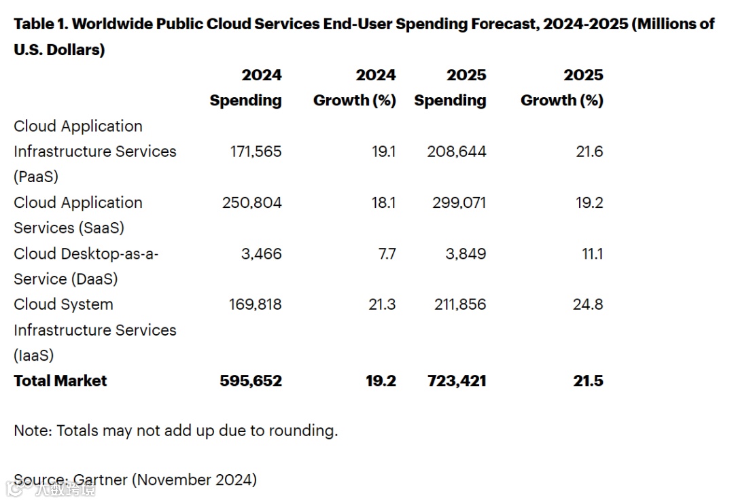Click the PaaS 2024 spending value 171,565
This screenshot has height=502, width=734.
(x=256, y=151)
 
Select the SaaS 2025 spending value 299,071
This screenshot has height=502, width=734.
(x=457, y=202)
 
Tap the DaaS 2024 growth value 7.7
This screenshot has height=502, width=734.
(x=383, y=253)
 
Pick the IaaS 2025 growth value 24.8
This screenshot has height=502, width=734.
(x=588, y=304)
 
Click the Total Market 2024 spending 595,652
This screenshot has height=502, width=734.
(x=251, y=380)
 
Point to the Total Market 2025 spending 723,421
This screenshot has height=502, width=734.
(x=455, y=380)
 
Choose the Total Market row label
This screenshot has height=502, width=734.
(x=60, y=380)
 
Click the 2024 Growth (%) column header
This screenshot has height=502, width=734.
(x=354, y=88)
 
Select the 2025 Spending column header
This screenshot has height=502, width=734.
(x=451, y=88)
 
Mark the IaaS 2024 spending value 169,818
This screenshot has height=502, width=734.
(x=256, y=304)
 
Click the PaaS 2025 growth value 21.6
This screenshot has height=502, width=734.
(x=589, y=151)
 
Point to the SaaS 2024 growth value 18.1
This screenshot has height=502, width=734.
(x=383, y=202)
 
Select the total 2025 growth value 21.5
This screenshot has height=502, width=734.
(x=588, y=380)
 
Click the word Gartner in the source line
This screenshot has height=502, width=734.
(x=101, y=480)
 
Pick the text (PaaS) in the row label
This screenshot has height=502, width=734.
(x=36, y=177)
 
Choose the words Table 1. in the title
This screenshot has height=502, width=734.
(x=41, y=24)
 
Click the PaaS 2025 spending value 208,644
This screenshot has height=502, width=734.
(x=457, y=151)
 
